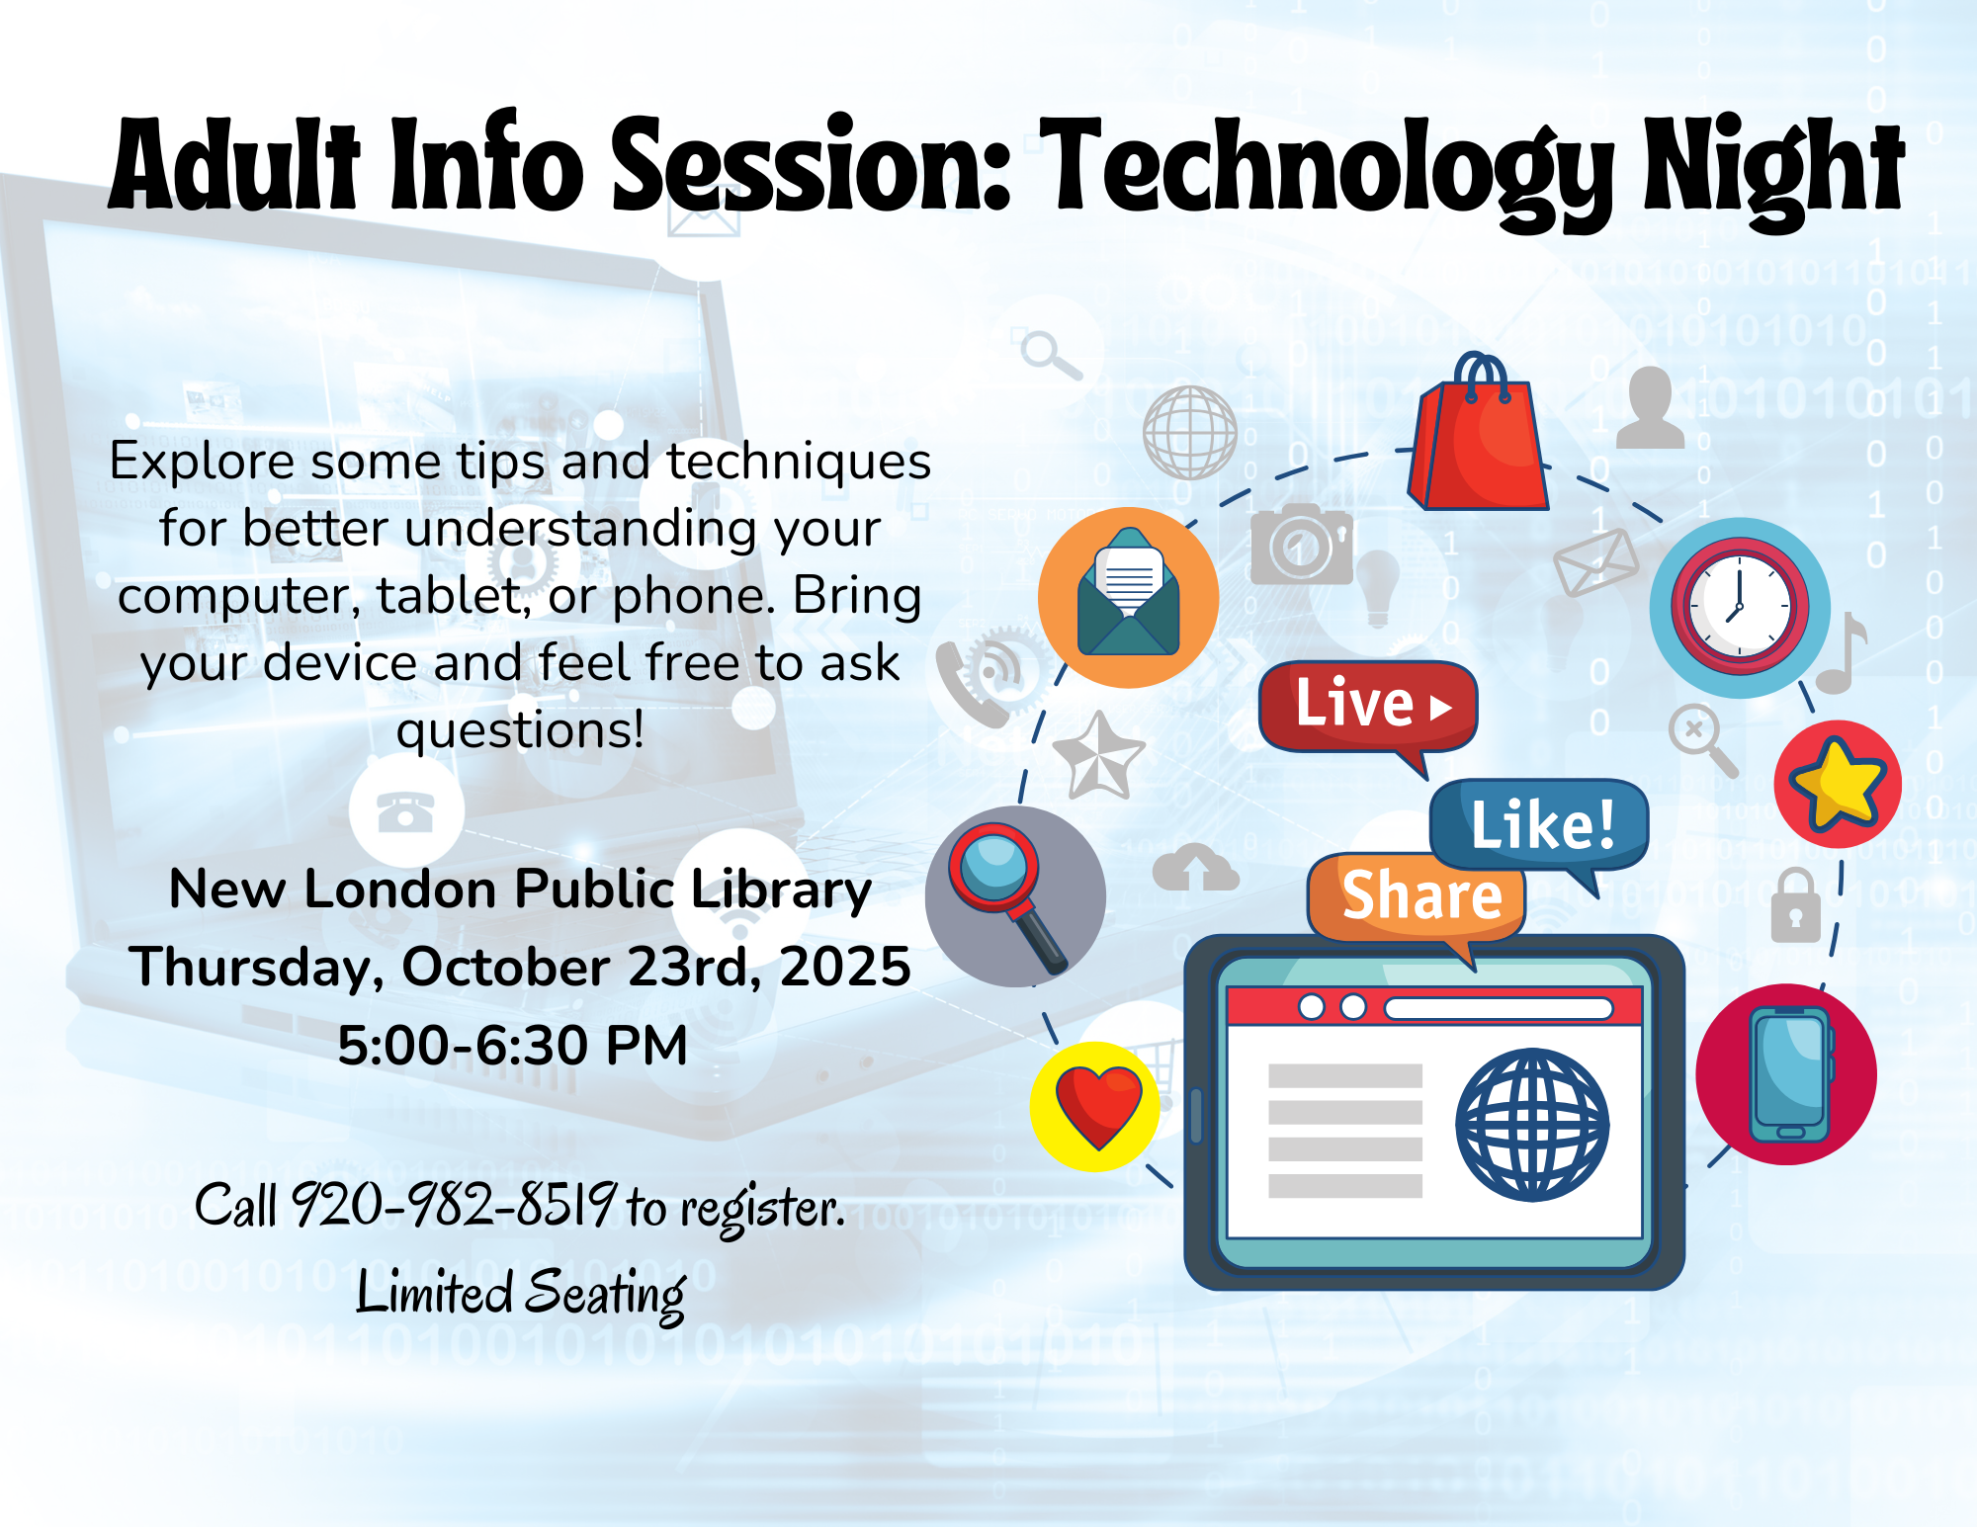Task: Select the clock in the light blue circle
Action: coord(1740,607)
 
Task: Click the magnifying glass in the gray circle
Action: coord(1006,896)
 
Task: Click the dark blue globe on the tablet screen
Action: coord(1532,1125)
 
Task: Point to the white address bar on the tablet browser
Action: coord(1499,1008)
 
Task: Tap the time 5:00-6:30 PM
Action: coord(512,1045)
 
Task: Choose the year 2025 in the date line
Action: coord(845,967)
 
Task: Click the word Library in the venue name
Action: coord(781,891)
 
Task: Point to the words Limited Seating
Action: coord(521,1294)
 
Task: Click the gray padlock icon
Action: coord(1795,905)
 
